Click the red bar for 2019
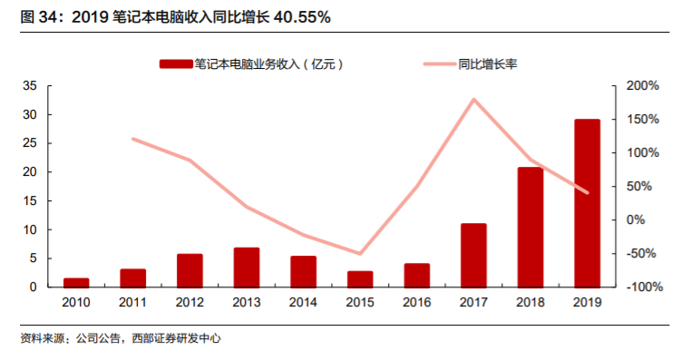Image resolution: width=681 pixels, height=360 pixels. pos(587,203)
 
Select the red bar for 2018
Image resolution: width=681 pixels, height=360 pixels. pos(530,227)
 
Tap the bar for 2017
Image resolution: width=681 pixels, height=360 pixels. pos(473,255)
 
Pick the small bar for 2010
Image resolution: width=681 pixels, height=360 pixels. pos(76,282)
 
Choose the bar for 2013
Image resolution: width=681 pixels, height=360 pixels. pos(247,267)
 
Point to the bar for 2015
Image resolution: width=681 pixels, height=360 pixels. pos(360,278)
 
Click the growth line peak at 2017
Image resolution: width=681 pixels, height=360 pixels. pos(473,99)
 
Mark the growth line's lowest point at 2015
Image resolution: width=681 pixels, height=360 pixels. pos(360,254)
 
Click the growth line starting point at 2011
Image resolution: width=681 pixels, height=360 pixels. pos(133,139)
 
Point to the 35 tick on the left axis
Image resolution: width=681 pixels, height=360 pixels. pos(29,86)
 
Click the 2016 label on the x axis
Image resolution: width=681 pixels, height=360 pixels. pos(416,303)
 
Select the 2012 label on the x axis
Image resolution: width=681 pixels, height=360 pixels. pos(190,303)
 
